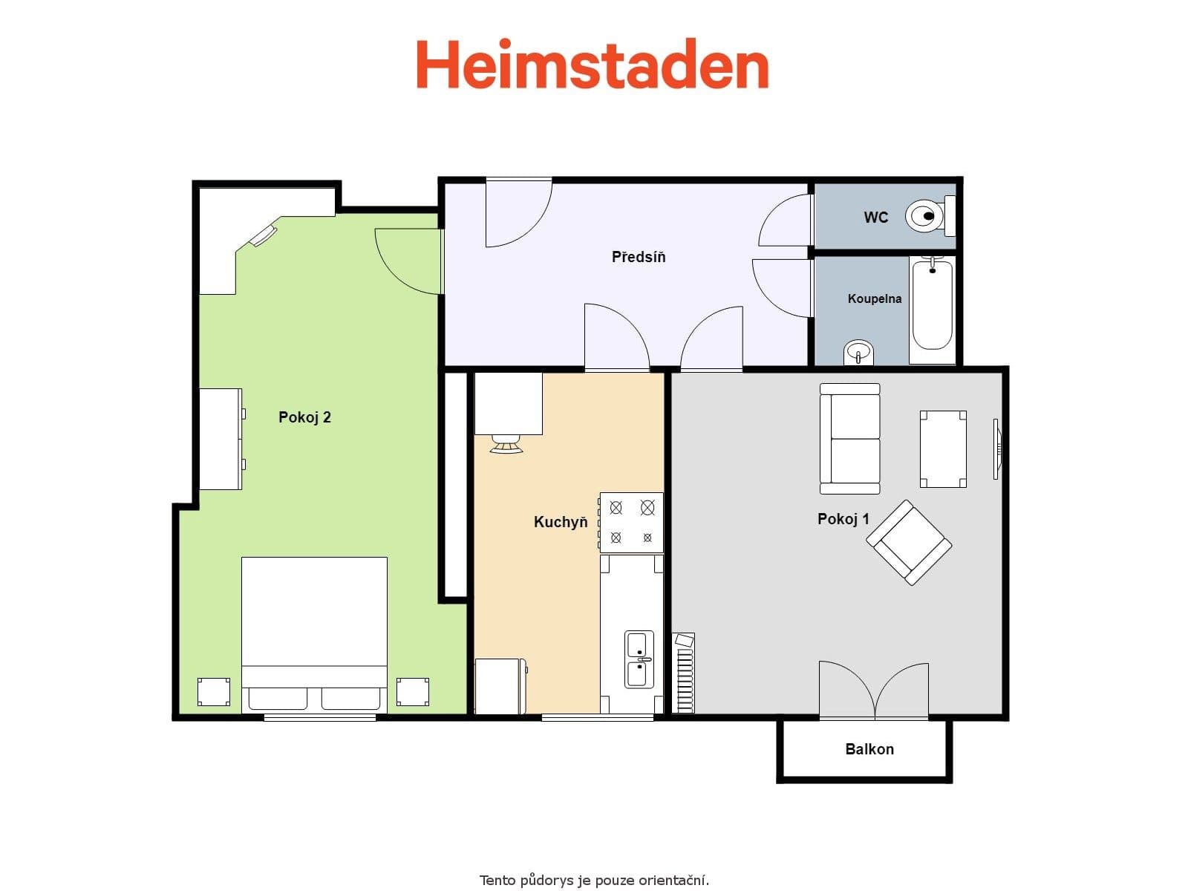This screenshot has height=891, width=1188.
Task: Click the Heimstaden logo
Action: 592,65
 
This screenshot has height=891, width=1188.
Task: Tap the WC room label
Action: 875,218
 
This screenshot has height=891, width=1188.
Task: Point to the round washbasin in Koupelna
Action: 859,351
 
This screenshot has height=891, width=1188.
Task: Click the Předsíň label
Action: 639,257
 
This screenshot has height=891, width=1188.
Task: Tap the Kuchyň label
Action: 561,522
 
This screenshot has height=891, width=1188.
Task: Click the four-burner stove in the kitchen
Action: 631,523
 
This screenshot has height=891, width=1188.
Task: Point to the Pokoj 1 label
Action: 843,519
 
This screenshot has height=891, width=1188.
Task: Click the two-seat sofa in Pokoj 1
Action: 849,439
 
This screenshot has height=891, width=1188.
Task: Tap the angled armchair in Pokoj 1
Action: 909,542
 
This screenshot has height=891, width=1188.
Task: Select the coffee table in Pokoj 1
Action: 943,449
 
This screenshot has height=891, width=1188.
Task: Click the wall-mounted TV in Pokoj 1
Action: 997,448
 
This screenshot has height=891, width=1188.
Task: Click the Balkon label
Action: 869,749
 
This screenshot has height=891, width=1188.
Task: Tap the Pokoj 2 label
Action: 304,417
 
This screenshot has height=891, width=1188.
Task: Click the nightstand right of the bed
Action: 412,692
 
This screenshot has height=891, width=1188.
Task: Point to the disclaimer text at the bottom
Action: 594,881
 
